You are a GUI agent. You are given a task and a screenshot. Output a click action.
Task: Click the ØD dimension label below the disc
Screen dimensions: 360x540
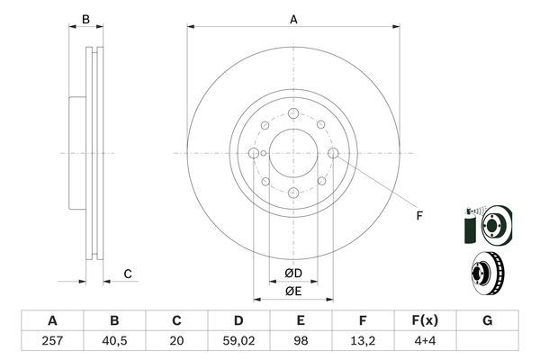293,273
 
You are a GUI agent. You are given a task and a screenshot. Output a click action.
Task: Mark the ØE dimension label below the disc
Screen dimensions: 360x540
293,291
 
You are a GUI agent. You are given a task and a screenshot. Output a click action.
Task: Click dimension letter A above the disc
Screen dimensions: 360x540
293,20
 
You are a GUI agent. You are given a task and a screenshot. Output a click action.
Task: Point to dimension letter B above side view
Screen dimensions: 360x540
86,20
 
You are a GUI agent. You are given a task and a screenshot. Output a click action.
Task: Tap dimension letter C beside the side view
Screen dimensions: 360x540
128,274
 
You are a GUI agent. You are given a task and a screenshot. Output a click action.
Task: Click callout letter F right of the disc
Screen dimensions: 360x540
418,216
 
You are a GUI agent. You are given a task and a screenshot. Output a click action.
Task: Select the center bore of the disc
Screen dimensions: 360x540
293,153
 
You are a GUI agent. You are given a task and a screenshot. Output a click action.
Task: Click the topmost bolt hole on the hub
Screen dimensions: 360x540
293,113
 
